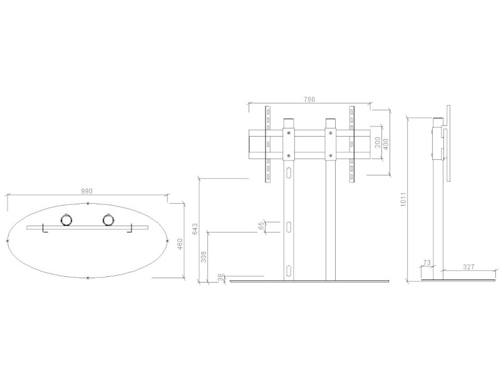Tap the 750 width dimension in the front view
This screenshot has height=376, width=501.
point(309,99)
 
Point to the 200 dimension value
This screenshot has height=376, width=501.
point(378,143)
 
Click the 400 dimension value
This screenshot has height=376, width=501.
point(386,143)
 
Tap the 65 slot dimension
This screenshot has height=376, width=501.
point(261,226)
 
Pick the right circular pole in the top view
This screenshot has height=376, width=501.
point(107,220)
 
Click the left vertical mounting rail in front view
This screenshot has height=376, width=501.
point(267,144)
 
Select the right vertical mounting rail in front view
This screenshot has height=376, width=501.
point(352,144)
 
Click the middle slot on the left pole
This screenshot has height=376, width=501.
point(289,226)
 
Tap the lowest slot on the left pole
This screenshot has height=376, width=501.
point(289,270)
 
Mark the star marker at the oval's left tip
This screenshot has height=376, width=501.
point(8,241)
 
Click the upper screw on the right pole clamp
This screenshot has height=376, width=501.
point(329,132)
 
